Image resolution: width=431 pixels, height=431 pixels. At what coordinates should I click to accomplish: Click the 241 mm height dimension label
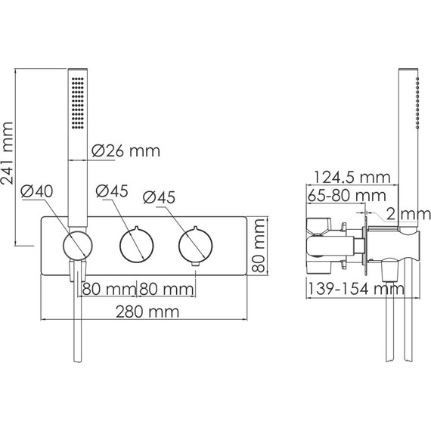pos(7,153)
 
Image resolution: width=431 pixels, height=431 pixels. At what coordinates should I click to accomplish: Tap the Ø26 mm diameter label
pos(126,151)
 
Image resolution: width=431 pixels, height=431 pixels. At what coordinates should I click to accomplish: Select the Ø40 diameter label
pos(36,191)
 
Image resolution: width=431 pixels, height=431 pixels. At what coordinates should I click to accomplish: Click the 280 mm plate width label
pos(147,312)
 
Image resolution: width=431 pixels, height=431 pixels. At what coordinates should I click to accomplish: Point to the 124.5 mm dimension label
pos(352,177)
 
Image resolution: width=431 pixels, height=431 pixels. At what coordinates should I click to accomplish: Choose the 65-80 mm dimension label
pos(347,195)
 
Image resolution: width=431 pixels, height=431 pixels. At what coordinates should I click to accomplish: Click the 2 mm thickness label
pos(408,214)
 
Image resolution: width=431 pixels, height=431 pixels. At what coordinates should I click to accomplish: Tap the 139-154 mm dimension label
pos(356,289)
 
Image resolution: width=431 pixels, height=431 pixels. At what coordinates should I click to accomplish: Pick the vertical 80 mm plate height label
pos(259,246)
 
